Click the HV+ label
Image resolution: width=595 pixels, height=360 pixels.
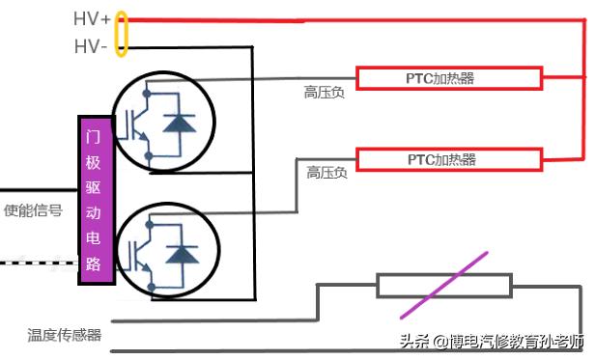click(92, 19)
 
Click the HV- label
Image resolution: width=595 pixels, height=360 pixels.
click(91, 46)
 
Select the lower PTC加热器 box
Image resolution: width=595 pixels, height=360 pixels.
click(441, 158)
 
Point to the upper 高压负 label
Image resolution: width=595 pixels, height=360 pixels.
click(324, 93)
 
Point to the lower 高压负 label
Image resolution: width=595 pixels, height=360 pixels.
click(326, 173)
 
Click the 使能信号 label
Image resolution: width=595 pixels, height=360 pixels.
click(34, 210)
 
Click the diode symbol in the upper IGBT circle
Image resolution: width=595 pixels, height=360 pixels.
click(178, 123)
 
